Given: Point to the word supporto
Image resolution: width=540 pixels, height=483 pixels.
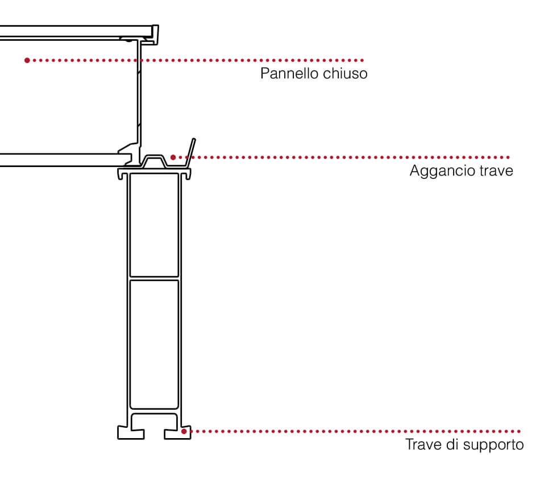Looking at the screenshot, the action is [493, 445].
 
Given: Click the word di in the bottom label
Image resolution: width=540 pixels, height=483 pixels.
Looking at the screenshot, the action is [452, 444].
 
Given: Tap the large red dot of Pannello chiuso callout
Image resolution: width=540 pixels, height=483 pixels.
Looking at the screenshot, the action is [27, 60].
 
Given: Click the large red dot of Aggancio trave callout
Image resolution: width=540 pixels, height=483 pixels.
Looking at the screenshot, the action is [173, 157].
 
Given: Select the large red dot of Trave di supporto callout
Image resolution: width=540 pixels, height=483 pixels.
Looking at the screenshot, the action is [184, 431].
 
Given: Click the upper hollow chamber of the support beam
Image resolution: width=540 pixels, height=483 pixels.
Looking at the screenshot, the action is [154, 225].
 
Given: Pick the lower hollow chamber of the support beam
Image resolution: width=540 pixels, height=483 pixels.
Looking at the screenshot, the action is [154, 344].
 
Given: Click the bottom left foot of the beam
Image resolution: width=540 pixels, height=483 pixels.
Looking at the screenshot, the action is [131, 433].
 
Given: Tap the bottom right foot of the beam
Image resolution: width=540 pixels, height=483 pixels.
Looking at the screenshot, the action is [177, 434].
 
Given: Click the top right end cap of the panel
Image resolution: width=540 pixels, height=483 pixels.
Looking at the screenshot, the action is [155, 35].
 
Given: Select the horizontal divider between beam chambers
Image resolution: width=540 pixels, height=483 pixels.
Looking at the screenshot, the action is [154, 278].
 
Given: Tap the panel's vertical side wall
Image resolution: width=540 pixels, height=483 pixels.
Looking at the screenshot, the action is [139, 97].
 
